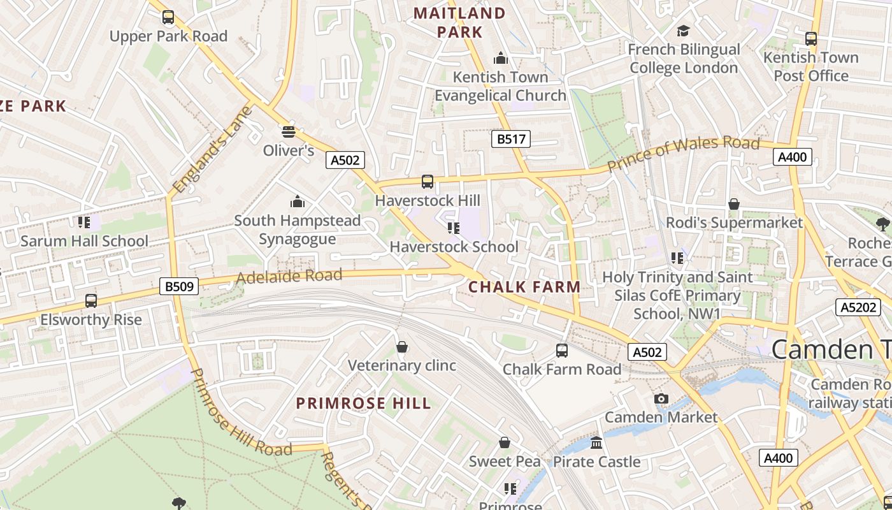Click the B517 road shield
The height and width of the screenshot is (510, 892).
click(510, 139)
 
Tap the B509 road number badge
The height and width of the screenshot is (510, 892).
click(179, 287)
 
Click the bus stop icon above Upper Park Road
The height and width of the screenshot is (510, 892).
click(168, 17)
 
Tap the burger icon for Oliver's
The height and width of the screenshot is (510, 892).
click(289, 132)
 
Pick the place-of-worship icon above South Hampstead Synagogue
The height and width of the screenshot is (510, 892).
click(297, 202)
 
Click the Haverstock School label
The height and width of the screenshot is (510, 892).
click(454, 247)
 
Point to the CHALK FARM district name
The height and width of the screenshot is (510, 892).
click(524, 287)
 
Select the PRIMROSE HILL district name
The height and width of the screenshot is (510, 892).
click(364, 404)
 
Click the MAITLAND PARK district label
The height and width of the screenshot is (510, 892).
click(459, 22)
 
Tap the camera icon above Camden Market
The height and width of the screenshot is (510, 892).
click(661, 399)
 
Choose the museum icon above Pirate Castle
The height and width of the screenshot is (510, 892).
click(596, 442)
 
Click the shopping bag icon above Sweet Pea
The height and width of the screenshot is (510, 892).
click(505, 442)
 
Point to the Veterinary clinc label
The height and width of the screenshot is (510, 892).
click(402, 365)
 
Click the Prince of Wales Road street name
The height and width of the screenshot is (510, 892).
click(683, 154)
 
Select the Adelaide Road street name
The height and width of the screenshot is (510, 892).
click(289, 277)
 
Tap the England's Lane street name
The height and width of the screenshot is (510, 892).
click(213, 150)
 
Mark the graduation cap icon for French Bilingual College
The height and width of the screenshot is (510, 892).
click(684, 31)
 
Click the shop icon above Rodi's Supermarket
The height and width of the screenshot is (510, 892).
click(734, 204)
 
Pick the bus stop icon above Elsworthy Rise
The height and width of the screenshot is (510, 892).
click(91, 301)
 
